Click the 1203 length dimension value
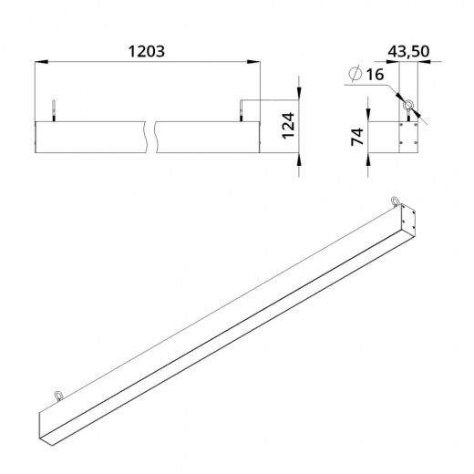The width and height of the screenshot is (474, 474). coord(147,51)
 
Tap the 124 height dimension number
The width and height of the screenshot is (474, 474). coord(288,126)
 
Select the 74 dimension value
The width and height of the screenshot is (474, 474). coord(357,137)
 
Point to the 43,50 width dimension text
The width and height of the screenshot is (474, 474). coord(408,51)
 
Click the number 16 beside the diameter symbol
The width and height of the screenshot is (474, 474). coord(375,75)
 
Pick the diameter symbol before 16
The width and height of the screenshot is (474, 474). coord(355,74)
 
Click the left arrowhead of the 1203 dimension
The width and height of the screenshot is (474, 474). coord(42,62)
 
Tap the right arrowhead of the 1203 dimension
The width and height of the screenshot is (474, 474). coord(253,62)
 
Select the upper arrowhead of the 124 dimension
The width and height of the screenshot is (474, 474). coord(299,94)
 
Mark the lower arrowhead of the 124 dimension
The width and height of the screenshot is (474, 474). coord(299,159)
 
